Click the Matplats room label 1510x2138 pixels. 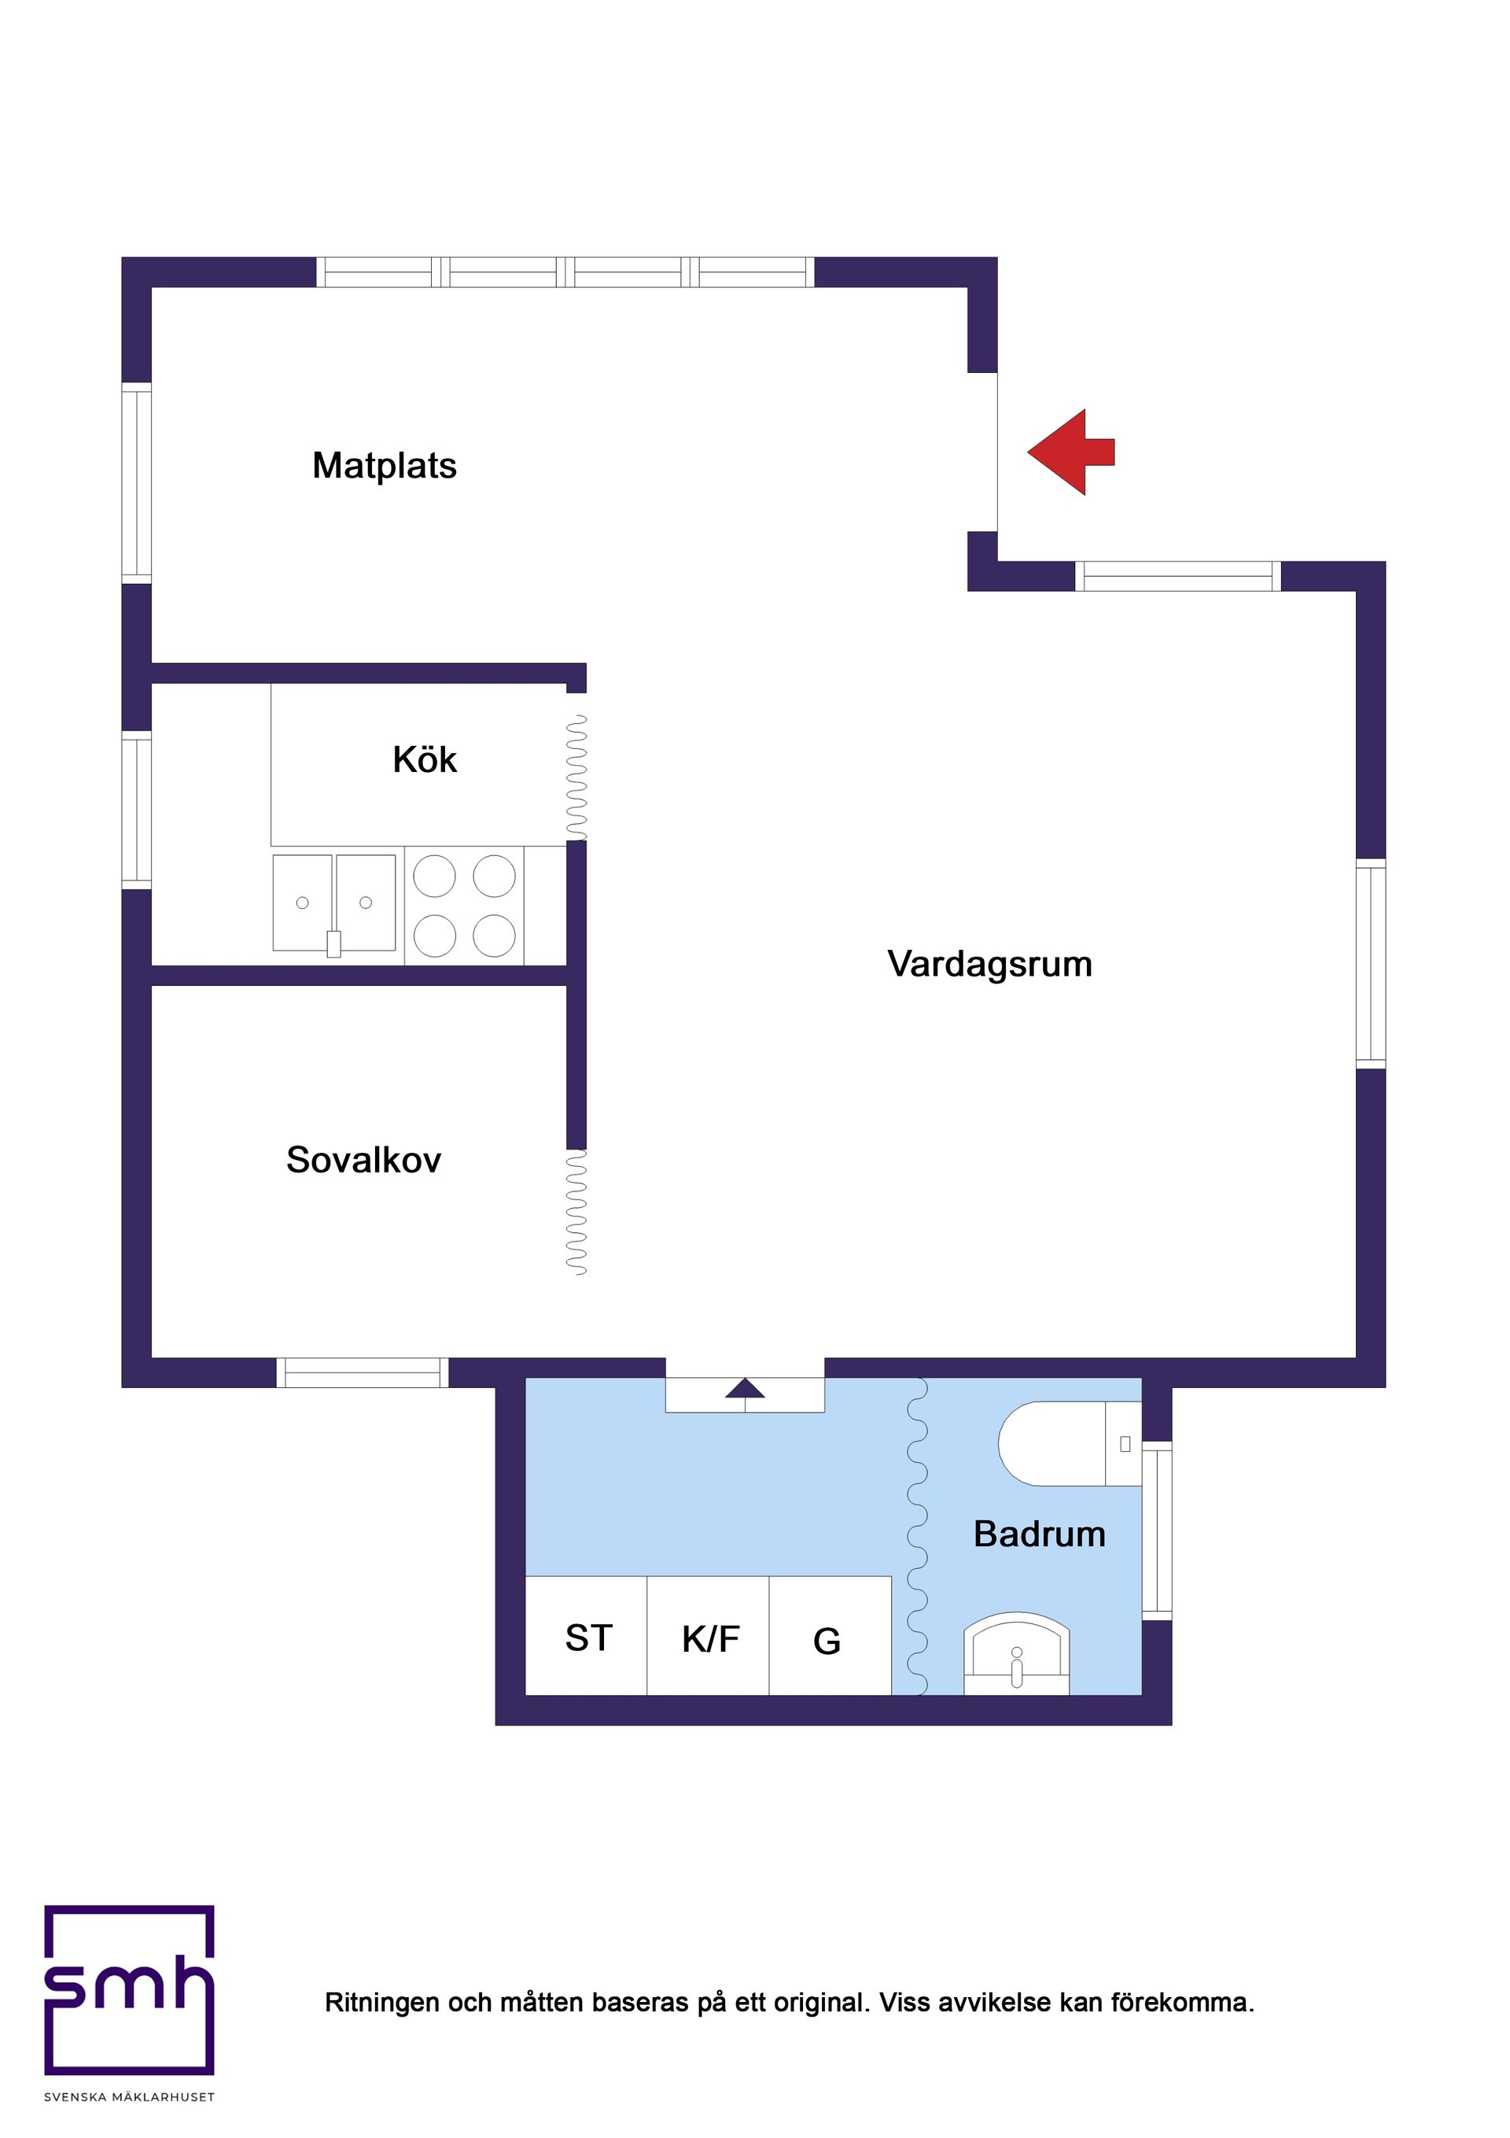tap(385, 466)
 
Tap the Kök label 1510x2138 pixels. tap(425, 760)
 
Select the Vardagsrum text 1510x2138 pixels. tap(989, 964)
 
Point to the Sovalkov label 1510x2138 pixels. tap(363, 1160)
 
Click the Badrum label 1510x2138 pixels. tap(1039, 1534)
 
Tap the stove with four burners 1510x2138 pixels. tap(463, 905)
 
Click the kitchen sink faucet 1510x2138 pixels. tap(333, 943)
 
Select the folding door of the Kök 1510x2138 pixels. tap(577, 777)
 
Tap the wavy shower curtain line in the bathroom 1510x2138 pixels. tap(917, 1537)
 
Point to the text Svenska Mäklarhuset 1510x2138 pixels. tap(130, 2097)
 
